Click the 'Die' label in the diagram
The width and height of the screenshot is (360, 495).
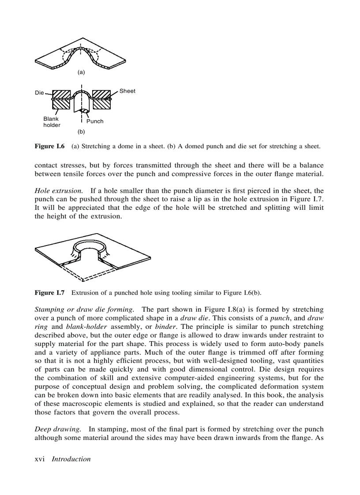pos(39,93)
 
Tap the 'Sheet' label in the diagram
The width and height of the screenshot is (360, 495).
pos(127,91)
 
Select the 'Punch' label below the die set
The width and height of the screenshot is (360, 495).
pos(95,121)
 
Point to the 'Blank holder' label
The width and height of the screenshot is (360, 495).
pos(52,122)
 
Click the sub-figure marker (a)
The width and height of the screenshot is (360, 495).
pos(81,71)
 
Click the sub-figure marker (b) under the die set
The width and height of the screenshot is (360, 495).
pos(81,131)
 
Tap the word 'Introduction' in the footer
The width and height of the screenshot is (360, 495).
pos(71,459)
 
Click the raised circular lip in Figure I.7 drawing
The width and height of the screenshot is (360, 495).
pos(91,245)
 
